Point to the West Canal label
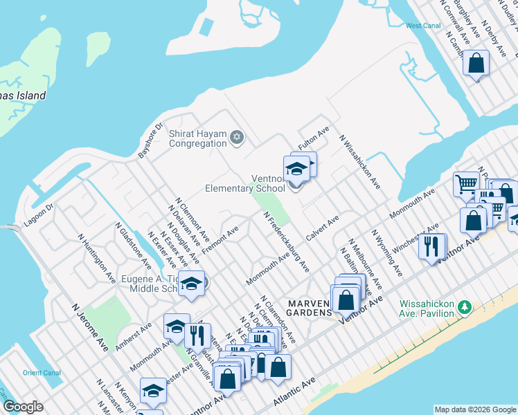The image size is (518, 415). (x=423, y=26)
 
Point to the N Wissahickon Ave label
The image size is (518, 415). (x=360, y=161)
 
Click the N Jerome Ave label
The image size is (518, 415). (x=90, y=326)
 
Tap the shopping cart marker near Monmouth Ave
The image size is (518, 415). (x=467, y=184)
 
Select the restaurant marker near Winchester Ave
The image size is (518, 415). (x=431, y=246)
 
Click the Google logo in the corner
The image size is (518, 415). (x=23, y=407)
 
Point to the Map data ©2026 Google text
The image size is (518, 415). (x=475, y=409)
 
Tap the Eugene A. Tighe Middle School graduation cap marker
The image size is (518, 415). (x=191, y=284)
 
